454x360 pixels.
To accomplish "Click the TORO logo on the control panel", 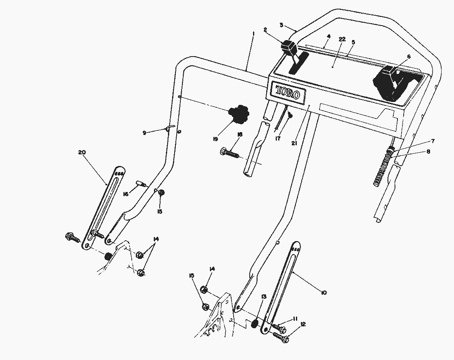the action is [287, 92].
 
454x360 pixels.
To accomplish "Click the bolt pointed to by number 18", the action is [230, 153].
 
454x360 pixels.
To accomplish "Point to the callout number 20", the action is [82, 152].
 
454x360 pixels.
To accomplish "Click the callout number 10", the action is [324, 293].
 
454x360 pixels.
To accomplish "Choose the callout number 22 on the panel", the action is [342, 39].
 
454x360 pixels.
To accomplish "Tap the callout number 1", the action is [253, 34].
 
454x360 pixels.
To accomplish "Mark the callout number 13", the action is [263, 296].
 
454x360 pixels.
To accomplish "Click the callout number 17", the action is [278, 139].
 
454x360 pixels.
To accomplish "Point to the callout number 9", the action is [144, 133].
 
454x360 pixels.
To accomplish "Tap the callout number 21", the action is [294, 143].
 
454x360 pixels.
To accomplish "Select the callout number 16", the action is [125, 194].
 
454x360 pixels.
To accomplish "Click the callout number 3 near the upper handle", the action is [281, 25].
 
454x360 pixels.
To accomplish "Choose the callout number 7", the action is [433, 141].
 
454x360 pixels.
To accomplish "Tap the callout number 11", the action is [295, 319].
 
